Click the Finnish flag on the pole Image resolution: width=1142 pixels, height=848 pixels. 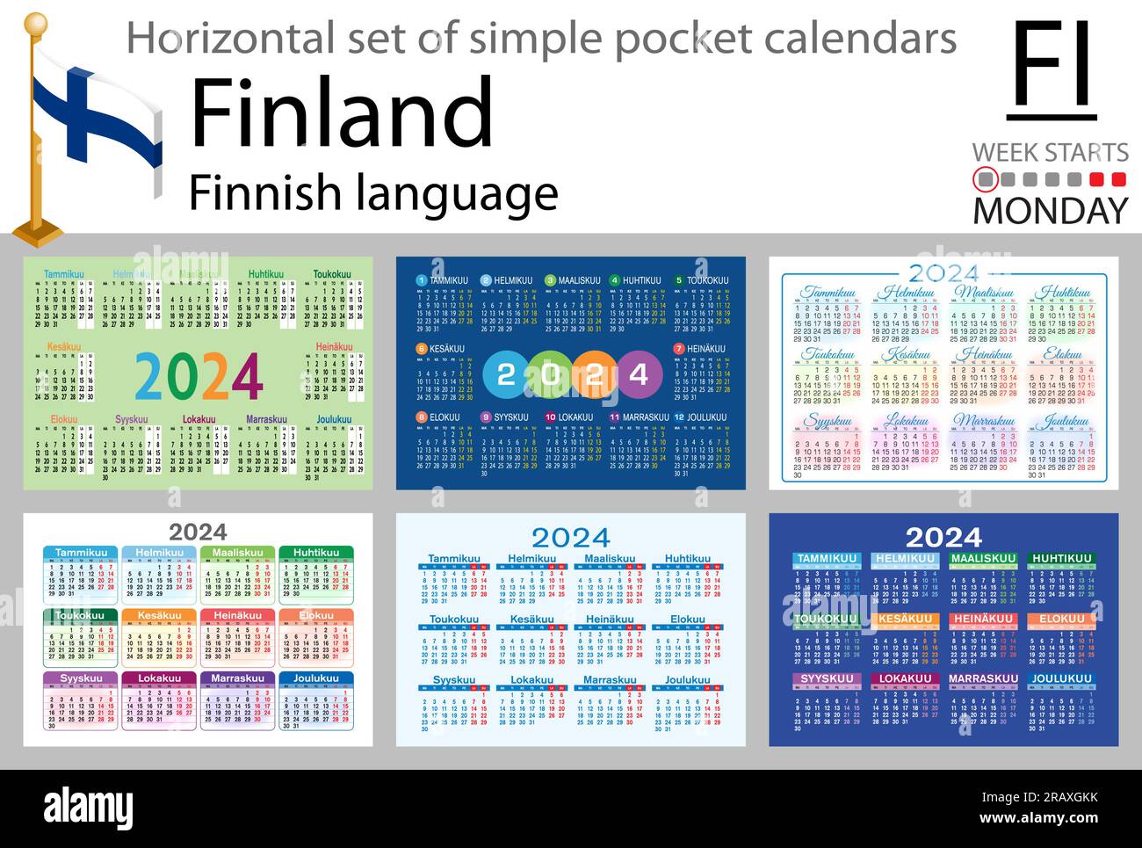[97, 123]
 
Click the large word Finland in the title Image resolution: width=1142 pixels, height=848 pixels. [342, 112]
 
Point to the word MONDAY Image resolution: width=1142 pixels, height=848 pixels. [1050, 211]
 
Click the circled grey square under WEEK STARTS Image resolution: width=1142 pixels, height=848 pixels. [987, 180]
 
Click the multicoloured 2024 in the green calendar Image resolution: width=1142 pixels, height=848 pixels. [199, 377]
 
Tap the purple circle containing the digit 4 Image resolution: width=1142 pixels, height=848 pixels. [639, 375]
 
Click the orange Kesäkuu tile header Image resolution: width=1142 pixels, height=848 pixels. [159, 616]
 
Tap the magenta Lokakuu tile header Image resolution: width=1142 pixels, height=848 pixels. [159, 678]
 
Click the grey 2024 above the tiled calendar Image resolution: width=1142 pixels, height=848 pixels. [198, 532]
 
